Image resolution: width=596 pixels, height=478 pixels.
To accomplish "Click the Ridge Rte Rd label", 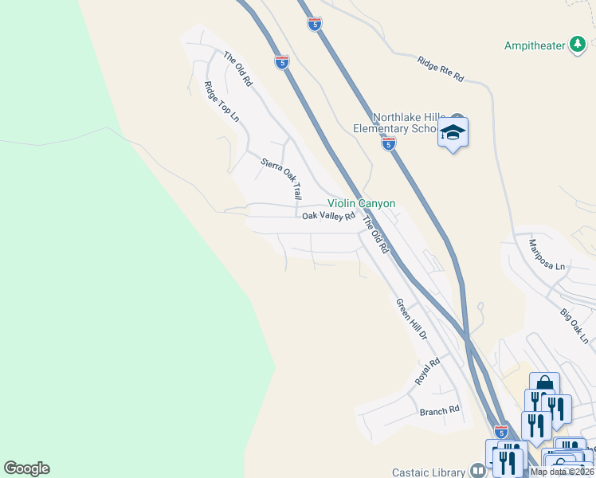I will [441, 69].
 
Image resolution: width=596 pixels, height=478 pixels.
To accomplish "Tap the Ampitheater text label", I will [534, 45].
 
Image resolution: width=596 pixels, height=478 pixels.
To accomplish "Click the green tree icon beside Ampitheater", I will [577, 45].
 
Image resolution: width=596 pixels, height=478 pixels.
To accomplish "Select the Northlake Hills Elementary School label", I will [397, 123].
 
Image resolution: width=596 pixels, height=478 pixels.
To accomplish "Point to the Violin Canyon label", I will [361, 204].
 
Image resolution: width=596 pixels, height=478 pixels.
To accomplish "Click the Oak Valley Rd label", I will [327, 216].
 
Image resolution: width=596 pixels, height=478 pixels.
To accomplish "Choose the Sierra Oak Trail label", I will [282, 178].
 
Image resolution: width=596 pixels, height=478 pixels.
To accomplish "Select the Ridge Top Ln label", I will [222, 101].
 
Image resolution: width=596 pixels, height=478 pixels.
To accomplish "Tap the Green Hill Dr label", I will [412, 319].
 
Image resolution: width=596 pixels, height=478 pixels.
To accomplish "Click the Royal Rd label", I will [427, 372].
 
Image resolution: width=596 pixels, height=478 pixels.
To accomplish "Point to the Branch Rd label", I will [440, 410].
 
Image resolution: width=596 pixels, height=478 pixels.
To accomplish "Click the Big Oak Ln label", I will [574, 327].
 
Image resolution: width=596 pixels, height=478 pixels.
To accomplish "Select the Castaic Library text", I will [429, 472].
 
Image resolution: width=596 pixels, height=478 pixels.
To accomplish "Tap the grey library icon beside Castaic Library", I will [478, 471].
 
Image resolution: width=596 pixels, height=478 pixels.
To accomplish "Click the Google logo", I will [26, 468].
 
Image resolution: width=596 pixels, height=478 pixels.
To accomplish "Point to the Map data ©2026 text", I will [562, 472].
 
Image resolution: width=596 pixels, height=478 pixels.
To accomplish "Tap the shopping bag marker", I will [544, 386].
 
